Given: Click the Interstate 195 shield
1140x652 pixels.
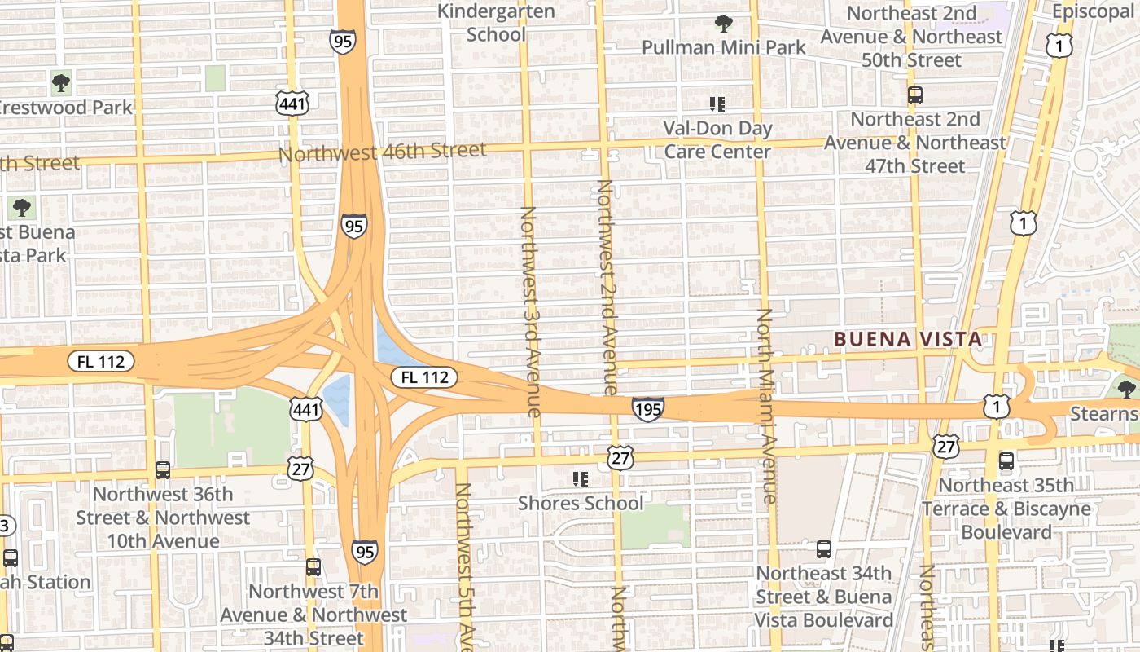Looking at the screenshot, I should (x=647, y=408).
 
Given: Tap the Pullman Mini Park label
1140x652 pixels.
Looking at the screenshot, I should (x=723, y=47).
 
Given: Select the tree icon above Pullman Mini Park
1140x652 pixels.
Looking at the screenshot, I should (x=723, y=24).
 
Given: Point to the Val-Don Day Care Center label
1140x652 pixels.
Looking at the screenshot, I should (x=717, y=139).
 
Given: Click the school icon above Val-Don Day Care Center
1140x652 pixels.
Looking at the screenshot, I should (x=717, y=104).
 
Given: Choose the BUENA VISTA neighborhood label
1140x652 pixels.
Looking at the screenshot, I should (x=907, y=339).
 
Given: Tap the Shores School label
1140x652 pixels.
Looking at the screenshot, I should (x=580, y=503).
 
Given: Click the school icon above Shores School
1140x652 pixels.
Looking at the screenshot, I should (x=580, y=479).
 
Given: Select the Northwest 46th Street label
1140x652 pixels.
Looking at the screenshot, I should (x=382, y=152).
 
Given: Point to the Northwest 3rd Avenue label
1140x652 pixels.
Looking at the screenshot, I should (x=529, y=311).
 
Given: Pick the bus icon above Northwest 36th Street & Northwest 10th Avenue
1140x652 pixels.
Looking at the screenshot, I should (x=163, y=470).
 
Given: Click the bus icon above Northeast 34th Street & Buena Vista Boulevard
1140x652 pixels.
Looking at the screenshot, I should (x=824, y=549).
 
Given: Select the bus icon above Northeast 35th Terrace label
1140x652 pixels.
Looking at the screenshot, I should (x=1006, y=461).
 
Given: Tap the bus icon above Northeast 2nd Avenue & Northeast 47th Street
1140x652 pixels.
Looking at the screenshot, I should (x=914, y=95).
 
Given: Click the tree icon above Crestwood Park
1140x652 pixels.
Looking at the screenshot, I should (x=60, y=82).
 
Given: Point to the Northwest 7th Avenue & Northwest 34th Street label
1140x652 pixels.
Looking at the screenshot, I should (x=313, y=615).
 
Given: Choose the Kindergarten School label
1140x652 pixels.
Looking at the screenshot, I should (x=496, y=23).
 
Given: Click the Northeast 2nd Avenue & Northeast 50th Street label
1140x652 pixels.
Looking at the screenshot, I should (x=911, y=37).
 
